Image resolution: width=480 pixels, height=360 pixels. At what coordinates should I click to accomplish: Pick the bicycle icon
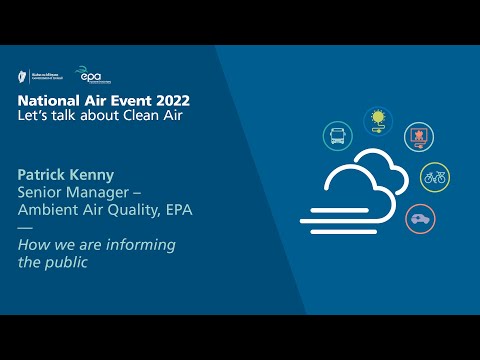(x=435, y=177)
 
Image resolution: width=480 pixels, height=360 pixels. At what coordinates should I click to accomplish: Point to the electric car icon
(x=420, y=218)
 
